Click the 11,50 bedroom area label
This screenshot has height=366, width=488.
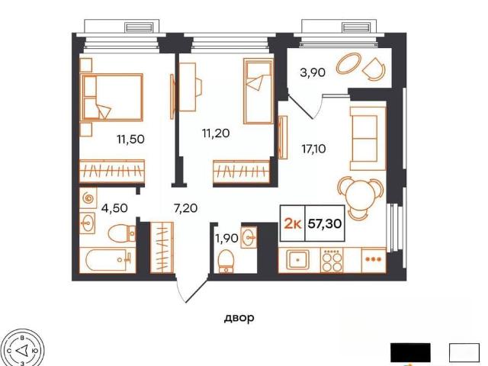[130, 139]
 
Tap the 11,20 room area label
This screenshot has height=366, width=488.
[216, 133]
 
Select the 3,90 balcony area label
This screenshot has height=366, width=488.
[313, 72]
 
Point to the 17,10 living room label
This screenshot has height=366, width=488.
[313, 149]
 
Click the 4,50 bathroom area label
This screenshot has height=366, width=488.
[114, 208]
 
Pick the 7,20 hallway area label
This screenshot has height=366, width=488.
[186, 208]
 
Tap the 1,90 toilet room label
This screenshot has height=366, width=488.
[227, 239]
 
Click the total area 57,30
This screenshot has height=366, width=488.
[325, 223]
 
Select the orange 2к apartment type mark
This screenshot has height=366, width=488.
[293, 223]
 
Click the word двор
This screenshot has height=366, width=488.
[239, 318]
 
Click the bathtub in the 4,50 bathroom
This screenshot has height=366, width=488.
[108, 260]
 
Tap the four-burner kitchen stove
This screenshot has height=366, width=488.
[332, 261]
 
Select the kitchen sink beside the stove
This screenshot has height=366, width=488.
[298, 259]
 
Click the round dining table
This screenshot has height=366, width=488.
[361, 197]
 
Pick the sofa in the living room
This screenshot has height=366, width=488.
[368, 139]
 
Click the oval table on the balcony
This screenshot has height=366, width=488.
[348, 64]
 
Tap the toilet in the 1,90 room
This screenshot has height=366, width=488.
[226, 262]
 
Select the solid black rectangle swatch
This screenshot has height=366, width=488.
[410, 352]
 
